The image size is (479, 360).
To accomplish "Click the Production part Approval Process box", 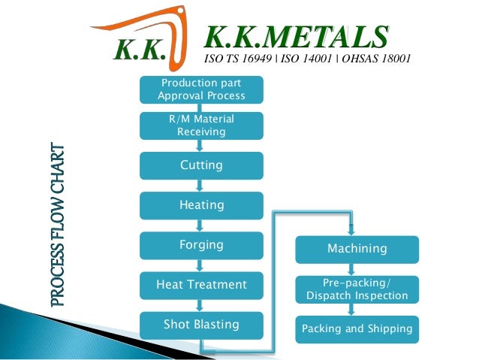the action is coord(201,89).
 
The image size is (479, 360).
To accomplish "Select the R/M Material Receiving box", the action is coord(201,126).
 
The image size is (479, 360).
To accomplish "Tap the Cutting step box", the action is coord(201,165).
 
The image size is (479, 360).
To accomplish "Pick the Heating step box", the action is coord(201,205).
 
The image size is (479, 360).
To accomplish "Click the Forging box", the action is coord(201,245).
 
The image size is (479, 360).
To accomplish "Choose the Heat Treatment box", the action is coord(201,285).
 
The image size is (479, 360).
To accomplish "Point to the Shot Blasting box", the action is coord(201,325).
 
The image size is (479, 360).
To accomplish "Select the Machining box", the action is coord(357,249).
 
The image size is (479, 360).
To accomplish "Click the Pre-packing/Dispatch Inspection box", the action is coord(357,289).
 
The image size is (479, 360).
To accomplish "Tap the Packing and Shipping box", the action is coord(357,329).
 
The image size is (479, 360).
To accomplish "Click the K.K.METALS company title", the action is coord(297,36).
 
